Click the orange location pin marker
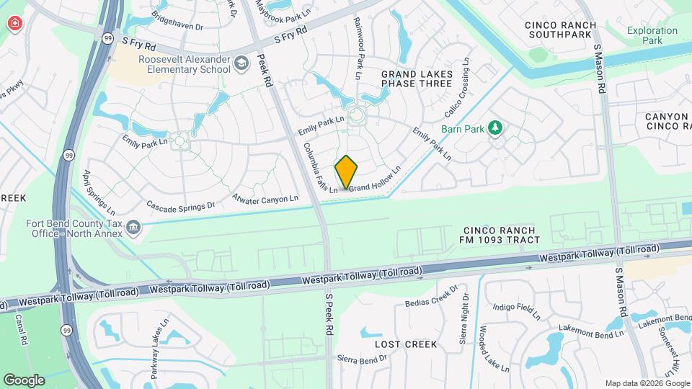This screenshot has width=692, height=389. tap(346, 172)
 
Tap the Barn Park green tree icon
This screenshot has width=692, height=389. tap(494, 128)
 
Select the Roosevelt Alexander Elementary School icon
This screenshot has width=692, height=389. tap(241, 65)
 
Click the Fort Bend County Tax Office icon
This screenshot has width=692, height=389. tap(133, 228)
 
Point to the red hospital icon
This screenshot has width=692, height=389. tap(14, 24)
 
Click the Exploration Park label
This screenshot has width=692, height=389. tap(652, 36)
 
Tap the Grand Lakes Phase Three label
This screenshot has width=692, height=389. tap(417, 79)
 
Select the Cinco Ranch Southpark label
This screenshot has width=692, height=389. tap(560, 30)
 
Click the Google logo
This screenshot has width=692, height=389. tap(24, 380)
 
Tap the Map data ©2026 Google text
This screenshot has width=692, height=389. tap(647, 383)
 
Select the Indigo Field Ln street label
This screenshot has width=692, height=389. tap(516, 311)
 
